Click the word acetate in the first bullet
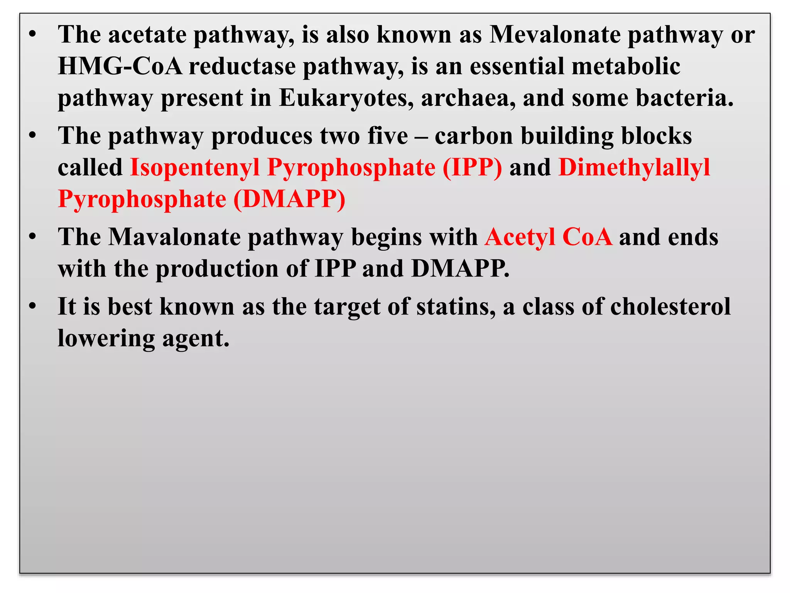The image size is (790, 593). click(147, 35)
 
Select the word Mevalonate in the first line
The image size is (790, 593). click(555, 35)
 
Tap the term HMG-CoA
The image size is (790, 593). click(120, 66)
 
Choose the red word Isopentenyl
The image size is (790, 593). click(195, 168)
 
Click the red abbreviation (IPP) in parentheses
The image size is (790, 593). click(472, 168)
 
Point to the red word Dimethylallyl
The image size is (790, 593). click(634, 168)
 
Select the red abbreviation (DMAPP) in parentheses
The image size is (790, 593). click(289, 199)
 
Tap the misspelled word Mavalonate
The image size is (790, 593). click(174, 237)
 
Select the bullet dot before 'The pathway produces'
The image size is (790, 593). click(33, 136)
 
